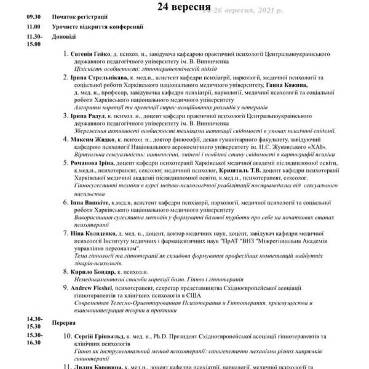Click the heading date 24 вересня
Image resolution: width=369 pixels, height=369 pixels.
pyautogui.click(x=184, y=7)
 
